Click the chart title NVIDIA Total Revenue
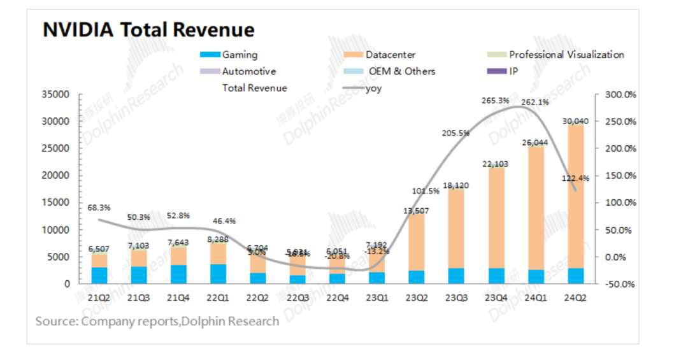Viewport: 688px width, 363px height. [x=148, y=30]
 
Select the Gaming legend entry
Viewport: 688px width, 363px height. [x=240, y=55]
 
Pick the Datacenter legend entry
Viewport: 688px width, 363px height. [x=390, y=55]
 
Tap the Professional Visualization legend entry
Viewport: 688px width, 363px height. [x=566, y=55]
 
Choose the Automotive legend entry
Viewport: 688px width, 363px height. [x=248, y=71]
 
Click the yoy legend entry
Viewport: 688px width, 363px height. [x=373, y=89]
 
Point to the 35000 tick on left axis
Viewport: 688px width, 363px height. [x=55, y=94]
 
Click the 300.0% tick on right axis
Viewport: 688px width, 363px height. [x=619, y=94]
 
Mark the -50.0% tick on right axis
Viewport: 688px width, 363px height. [x=619, y=284]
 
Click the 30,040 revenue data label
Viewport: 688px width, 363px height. [x=575, y=121]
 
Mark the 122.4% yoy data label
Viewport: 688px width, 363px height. [x=576, y=178]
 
